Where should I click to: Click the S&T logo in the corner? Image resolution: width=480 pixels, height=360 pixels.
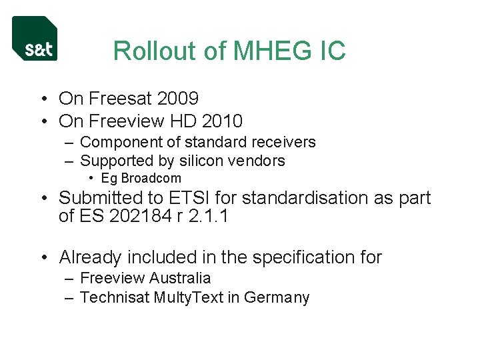35,39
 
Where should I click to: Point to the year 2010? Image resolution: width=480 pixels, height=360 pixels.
221,121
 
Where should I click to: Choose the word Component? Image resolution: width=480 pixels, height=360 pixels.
120,142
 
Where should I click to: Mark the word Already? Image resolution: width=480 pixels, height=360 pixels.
90,257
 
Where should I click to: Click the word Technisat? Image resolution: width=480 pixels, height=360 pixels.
114,297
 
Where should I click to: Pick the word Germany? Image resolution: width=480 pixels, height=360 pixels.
277,297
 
